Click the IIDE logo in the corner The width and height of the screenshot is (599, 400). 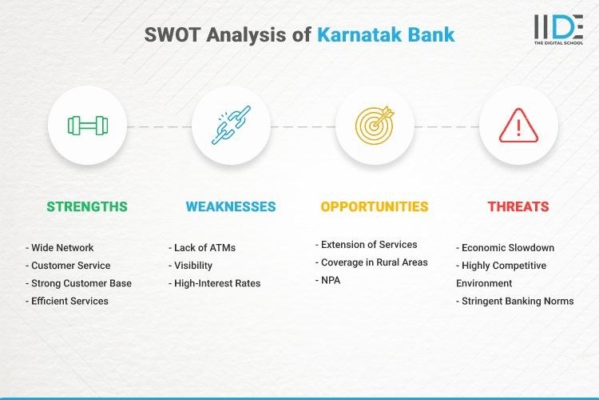557,30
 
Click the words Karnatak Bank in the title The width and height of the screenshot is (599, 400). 386,35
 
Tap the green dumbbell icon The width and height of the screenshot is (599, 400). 87,126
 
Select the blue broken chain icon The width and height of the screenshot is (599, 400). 231,126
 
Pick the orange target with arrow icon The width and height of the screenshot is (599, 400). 375,126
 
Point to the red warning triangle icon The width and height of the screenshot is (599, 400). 518,126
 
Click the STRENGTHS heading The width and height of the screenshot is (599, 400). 87,206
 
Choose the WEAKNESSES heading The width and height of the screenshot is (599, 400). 231,206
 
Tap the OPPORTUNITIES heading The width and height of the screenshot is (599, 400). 375,206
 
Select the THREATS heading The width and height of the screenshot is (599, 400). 518,206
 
